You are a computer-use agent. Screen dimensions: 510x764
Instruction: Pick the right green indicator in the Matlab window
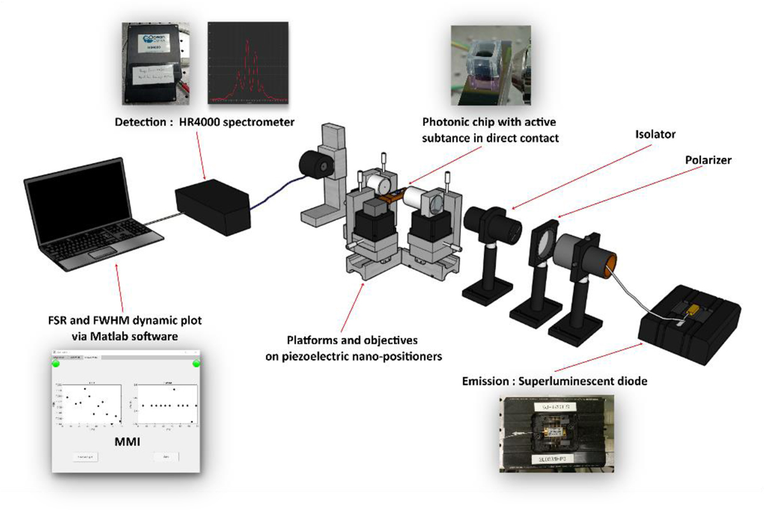(x=195, y=363)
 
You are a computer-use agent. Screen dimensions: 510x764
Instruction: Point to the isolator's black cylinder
(x=493, y=223)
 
